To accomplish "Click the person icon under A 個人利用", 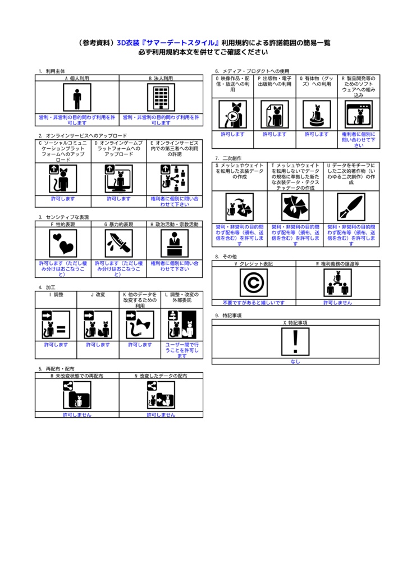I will (x=77, y=98).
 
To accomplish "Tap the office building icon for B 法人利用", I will (x=161, y=98).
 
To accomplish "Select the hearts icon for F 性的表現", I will (x=63, y=243).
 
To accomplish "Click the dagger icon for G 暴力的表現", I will (x=118, y=243).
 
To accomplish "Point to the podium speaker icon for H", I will (x=175, y=243).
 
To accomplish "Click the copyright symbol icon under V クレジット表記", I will (x=253, y=282).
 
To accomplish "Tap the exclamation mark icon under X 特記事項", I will (x=295, y=341).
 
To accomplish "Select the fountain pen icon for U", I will (x=351, y=207).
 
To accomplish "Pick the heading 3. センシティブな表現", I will (x=64, y=217).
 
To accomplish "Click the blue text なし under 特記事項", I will (x=295, y=362).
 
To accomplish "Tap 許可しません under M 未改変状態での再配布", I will (x=77, y=414).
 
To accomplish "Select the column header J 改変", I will (x=98, y=294).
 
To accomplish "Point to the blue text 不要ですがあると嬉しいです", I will (x=253, y=303).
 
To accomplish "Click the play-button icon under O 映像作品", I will (x=232, y=115).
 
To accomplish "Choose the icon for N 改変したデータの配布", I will (x=161, y=394).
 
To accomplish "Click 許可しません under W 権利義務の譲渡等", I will (x=337, y=303).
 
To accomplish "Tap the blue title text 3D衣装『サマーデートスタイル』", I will (x=168, y=42).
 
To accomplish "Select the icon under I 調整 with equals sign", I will (x=56, y=325).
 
